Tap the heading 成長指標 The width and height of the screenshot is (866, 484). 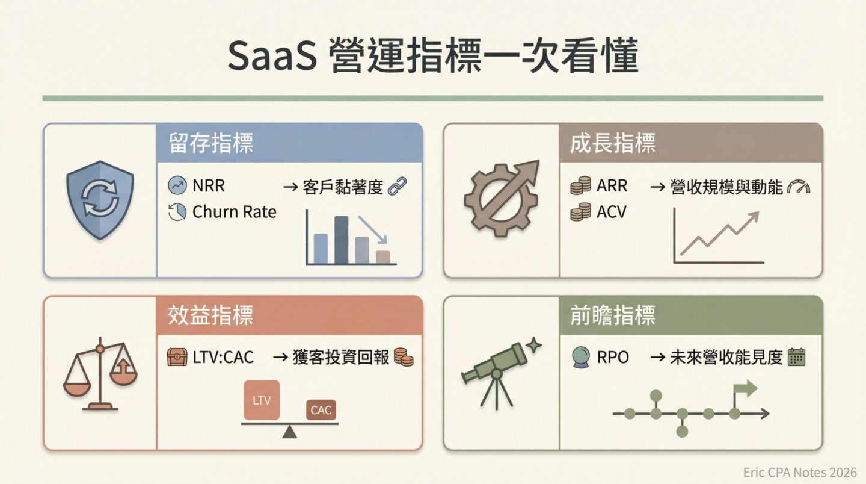(x=612, y=143)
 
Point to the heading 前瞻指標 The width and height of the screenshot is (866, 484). (x=612, y=315)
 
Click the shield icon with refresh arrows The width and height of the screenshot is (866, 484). (x=100, y=200)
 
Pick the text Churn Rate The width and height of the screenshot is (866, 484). (x=234, y=212)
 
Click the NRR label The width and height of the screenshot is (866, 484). (x=209, y=186)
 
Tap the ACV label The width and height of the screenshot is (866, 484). (x=611, y=212)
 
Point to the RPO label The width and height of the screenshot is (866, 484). (x=612, y=357)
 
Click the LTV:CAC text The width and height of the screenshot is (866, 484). (x=223, y=357)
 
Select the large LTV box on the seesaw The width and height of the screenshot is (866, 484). (x=262, y=400)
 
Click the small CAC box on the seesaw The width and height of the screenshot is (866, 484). (x=321, y=410)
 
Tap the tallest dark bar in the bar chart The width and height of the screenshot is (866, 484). (x=341, y=240)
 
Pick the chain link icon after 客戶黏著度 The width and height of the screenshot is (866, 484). (x=398, y=187)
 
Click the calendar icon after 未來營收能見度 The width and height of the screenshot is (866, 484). (x=796, y=357)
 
